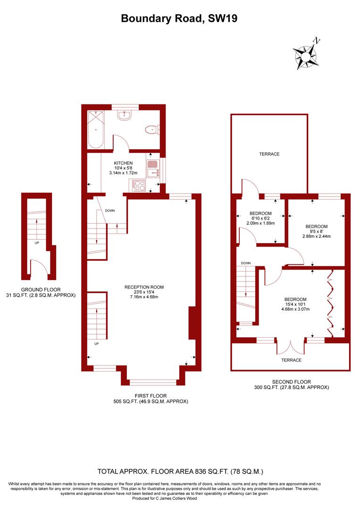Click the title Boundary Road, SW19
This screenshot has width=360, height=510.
180,18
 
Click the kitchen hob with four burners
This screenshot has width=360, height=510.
140,185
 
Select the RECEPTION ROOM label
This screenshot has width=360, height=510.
144,287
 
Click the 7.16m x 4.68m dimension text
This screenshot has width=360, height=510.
144,297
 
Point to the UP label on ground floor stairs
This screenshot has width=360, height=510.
37,243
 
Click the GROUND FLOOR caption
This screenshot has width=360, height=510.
40,289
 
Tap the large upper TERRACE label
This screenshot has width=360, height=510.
269,154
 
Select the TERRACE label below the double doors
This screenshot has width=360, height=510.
291,360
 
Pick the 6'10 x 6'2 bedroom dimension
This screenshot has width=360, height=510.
260,218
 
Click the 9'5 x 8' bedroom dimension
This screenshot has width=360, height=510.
316,231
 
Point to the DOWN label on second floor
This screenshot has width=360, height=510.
245,263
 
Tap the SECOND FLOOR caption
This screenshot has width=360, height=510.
291,382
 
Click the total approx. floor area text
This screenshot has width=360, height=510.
180,471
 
